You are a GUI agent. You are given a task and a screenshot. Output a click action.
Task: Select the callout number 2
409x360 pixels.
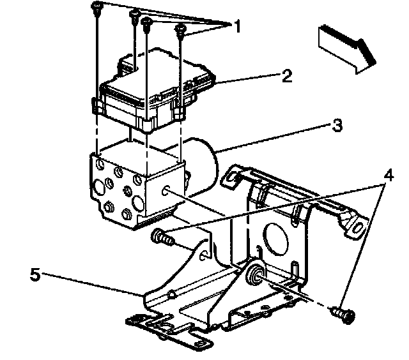click(286, 77)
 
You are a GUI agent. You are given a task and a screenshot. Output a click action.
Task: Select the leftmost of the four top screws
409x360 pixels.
click(95, 9)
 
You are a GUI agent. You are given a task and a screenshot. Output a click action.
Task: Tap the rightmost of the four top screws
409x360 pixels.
click(181, 29)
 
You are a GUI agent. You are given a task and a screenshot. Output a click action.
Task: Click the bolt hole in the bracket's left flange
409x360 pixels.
click(203, 255)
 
